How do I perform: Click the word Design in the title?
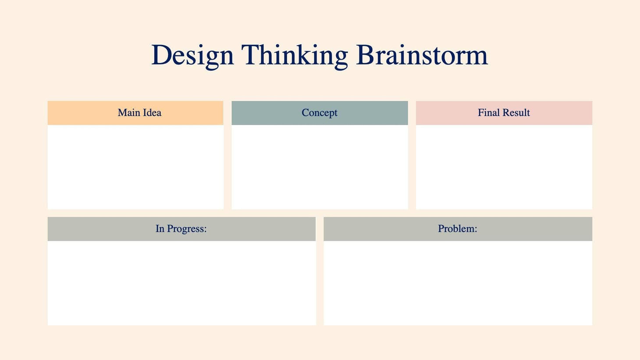[192, 55]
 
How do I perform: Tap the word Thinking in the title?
[294, 55]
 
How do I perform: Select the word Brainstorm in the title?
[422, 55]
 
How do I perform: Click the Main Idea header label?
[139, 113]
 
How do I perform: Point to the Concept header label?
[320, 113]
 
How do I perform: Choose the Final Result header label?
[504, 113]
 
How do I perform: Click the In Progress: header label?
[181, 228]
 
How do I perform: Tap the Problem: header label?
[457, 228]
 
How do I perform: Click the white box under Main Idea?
[135, 167]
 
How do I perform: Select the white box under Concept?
[320, 167]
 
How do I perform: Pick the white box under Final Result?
[504, 167]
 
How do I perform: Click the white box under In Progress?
[181, 283]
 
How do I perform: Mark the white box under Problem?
[458, 283]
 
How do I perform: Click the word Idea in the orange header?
[151, 113]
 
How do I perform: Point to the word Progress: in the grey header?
[187, 229]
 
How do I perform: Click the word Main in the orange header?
[128, 113]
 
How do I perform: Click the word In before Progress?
[160, 228]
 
